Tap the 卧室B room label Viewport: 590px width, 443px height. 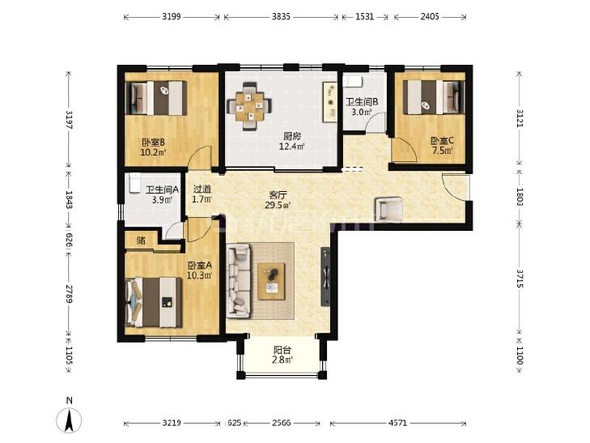coord(153,143)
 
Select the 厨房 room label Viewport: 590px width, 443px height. coord(291,136)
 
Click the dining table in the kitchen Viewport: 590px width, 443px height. coord(249,107)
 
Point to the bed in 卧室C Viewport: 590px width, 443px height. coord(434,96)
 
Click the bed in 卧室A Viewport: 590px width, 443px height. coord(154,302)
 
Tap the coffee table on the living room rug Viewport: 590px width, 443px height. coord(272,281)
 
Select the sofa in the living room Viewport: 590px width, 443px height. coord(239,280)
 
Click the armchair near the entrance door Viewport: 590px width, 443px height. coord(389,209)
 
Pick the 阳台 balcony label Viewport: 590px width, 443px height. coord(282,350)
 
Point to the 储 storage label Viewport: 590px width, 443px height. coord(141,241)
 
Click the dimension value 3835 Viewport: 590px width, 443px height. coord(281,16)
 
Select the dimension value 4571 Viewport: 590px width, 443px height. coord(397,423)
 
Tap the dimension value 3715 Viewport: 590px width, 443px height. coord(520,278)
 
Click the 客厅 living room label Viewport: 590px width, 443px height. coord(278,195)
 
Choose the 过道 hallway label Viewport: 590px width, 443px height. coord(202,190)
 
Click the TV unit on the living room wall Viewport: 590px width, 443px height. coord(326,276)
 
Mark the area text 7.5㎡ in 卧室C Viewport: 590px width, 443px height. coord(442,151)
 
